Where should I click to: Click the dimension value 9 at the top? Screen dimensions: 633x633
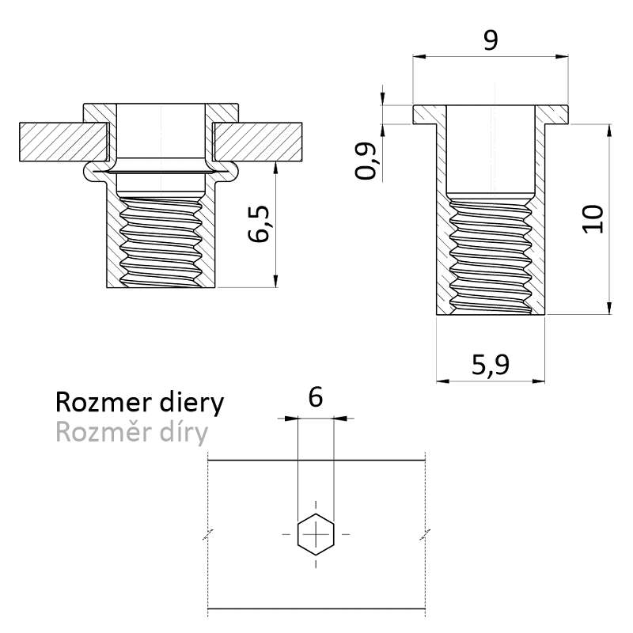point(491,40)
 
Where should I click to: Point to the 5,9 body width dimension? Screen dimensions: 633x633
point(490,365)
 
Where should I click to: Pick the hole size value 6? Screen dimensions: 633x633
point(315,397)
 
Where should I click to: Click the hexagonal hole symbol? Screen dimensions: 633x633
point(316,536)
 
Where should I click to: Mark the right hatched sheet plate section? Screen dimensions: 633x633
point(261,139)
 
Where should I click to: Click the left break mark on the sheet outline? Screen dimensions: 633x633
point(207,536)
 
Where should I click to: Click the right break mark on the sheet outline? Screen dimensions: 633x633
point(426,536)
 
